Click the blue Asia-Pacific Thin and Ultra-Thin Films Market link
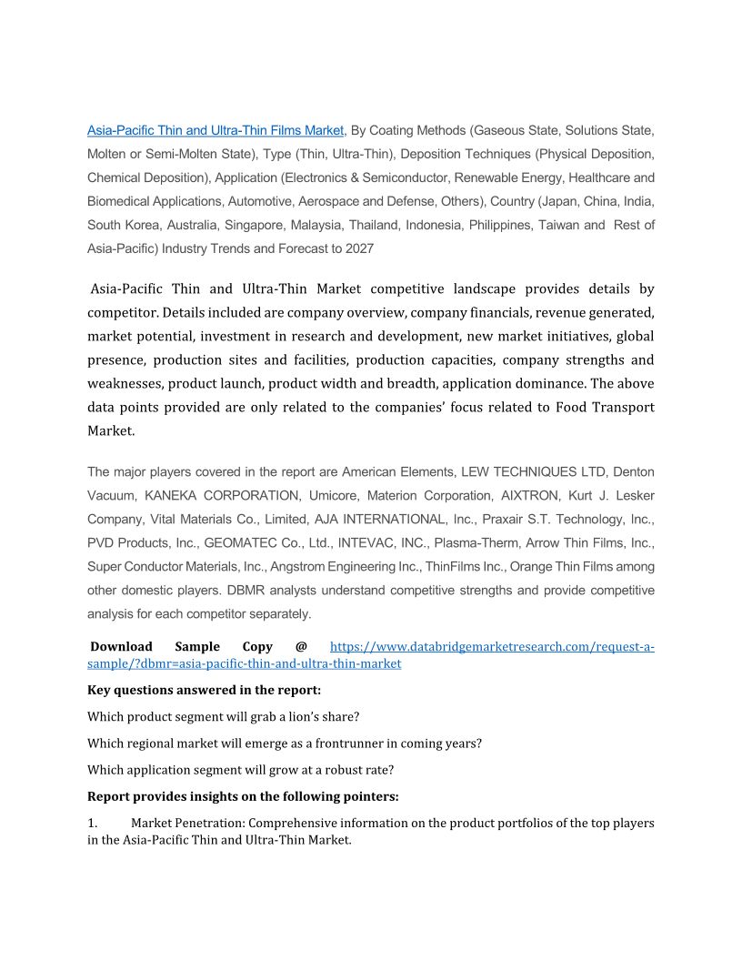pos(216,130)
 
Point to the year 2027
pos(357,248)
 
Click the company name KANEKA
pos(178,496)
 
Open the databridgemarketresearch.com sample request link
pos(491,647)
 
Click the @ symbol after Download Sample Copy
pos(301,647)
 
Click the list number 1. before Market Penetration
pos(92,824)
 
